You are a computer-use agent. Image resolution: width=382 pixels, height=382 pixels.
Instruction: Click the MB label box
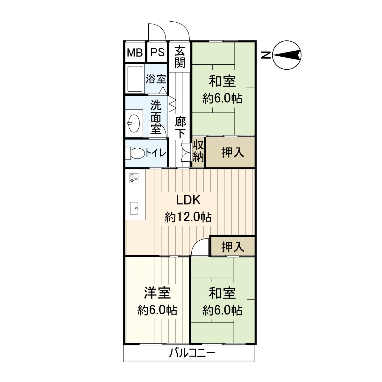pyautogui.click(x=135, y=52)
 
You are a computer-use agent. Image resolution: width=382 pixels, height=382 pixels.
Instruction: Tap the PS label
pyautogui.click(x=158, y=52)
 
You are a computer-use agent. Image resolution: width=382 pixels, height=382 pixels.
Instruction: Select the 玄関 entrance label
pyautogui.click(x=180, y=57)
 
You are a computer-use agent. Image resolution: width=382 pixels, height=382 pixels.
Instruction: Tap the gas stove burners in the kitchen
pyautogui.click(x=134, y=178)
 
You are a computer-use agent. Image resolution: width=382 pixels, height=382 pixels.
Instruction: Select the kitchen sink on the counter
pyautogui.click(x=134, y=209)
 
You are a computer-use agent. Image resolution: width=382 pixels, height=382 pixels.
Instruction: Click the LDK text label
pyautogui.click(x=188, y=200)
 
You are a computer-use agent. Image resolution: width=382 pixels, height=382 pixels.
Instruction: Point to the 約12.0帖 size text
pyautogui.click(x=188, y=217)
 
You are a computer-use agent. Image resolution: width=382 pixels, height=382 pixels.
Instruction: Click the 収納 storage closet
pyautogui.click(x=198, y=152)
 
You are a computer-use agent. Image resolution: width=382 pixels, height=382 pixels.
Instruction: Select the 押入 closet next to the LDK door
pyautogui.click(x=233, y=246)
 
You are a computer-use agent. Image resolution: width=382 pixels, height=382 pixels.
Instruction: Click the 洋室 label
pyautogui.click(x=157, y=293)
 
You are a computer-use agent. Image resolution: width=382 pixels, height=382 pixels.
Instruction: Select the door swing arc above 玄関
pyautogui.click(x=180, y=31)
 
